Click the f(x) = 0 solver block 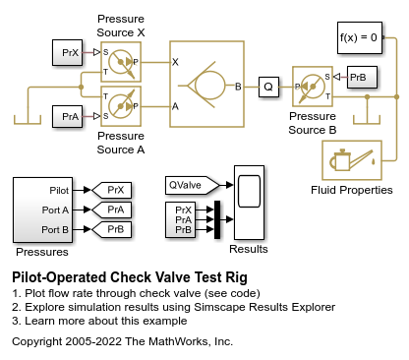pos(360,37)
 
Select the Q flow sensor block pos(268,87)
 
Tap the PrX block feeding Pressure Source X pos(67,52)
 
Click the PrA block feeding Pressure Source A pos(67,116)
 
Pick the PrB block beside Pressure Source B pos(362,78)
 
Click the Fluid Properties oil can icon pos(352,160)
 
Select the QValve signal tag pos(192,185)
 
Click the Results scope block pos(249,203)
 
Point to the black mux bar pos(217,219)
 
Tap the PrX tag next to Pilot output pos(112,190)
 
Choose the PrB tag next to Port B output pos(112,229)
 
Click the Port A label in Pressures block pos(55,210)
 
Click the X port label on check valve pos(175,62)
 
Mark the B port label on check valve pos(238,87)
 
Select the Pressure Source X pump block pos(121,62)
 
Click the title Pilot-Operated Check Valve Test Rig pos(130,277)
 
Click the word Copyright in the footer pos(37,341)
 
